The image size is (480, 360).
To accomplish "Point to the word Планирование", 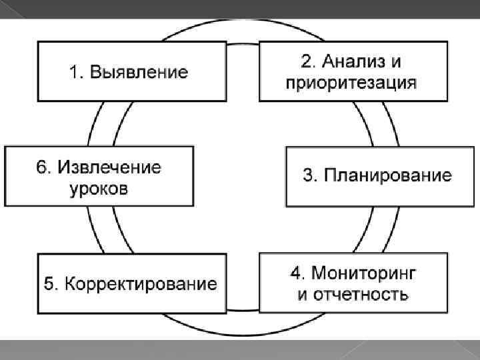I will point(387,176).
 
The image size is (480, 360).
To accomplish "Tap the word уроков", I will point(98,189).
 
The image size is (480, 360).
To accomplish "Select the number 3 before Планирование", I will point(308,176).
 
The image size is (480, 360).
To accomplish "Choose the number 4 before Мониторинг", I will point(295,273).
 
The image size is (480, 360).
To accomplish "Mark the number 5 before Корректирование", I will point(49,284).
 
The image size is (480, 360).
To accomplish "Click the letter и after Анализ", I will point(395,62).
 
